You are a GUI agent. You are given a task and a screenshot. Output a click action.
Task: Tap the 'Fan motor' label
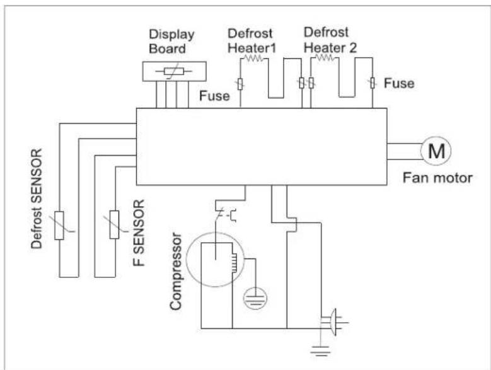[437, 178]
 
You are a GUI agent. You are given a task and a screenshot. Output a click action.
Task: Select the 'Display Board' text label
[171, 42]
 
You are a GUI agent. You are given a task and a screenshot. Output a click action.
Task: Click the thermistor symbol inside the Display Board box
[174, 72]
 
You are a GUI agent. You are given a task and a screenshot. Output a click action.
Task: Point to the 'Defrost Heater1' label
[252, 41]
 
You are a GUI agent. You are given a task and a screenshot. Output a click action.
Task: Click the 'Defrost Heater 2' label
[330, 40]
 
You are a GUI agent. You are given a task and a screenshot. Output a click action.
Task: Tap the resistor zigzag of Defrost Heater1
[254, 58]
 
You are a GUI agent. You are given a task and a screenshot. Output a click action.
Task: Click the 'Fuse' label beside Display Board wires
[214, 96]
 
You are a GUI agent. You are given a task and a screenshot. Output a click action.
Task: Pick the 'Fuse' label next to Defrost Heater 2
[399, 83]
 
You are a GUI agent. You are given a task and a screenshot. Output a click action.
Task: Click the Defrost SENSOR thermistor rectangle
[59, 226]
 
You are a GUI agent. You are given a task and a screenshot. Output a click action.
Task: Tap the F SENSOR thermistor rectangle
[114, 224]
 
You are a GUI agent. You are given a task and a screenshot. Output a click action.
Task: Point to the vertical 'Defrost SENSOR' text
[37, 199]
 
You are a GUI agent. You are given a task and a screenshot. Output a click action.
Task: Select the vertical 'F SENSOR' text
[139, 233]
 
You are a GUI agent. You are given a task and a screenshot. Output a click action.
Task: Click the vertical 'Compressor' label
[176, 272]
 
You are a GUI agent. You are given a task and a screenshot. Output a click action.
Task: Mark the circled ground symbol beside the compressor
[255, 298]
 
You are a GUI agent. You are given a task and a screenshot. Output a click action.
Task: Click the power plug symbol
[334, 322]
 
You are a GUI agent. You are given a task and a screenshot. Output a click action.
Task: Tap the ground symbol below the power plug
[320, 350]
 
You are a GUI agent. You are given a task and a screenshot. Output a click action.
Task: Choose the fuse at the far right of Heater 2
[373, 83]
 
